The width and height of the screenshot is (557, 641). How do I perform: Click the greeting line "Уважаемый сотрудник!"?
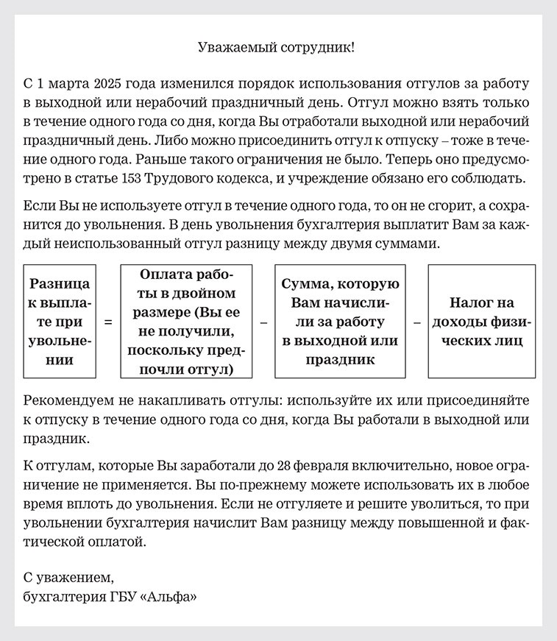tap(278, 48)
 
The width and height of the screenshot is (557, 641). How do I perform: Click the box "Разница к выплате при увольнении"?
tap(60, 322)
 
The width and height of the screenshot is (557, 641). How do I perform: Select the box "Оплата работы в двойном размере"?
tap(186, 322)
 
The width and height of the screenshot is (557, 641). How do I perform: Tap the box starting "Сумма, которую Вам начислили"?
tap(340, 322)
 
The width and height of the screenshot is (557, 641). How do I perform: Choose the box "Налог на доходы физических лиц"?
tap(482, 322)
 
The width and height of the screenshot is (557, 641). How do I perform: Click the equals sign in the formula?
tap(108, 322)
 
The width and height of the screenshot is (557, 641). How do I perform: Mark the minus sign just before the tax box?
tap(416, 322)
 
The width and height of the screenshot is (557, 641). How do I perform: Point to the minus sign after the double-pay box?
tap(263, 322)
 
